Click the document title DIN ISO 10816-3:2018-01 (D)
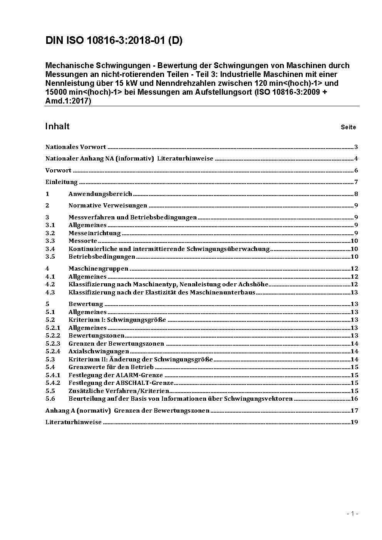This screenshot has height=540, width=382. tap(114, 41)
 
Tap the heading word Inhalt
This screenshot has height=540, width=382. tap(57, 127)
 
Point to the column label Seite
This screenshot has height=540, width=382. tap(348, 127)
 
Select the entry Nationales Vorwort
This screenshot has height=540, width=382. tap(75, 147)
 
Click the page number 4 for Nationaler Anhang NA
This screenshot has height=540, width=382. tap(356, 159)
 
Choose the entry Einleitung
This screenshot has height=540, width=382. tap(61, 182)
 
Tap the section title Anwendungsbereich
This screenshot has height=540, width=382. tap(100, 194)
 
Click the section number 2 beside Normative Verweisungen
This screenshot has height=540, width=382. tap(47, 206)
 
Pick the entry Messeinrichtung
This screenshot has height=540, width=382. tap(94, 233)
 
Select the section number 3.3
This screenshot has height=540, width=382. tap(50, 241)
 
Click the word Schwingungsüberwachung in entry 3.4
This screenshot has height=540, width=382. tap(228, 249)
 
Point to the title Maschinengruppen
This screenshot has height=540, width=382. tap(98, 269)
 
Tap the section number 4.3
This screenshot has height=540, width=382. tap(50, 293)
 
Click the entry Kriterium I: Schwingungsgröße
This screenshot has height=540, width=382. tap(117, 320)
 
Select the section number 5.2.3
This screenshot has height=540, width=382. tap(53, 344)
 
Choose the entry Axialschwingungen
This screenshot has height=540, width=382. tap(99, 351)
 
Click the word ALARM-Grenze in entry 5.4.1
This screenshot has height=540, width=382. tap(139, 375)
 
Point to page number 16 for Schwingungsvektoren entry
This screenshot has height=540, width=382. tap(354, 399)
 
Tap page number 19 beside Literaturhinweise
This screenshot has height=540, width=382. tap(354, 422)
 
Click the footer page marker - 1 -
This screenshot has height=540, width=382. tap(352, 514)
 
